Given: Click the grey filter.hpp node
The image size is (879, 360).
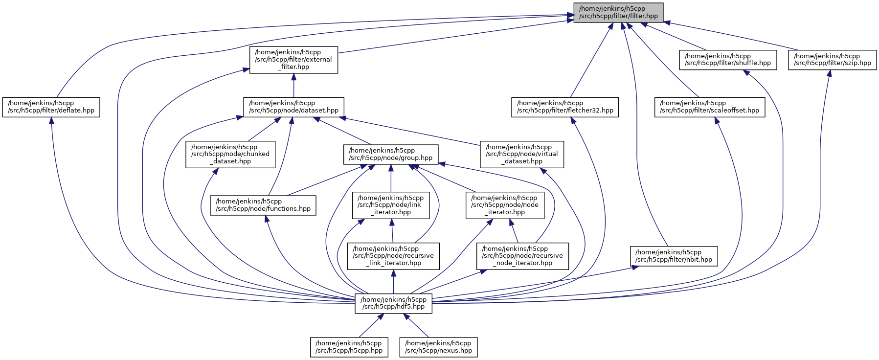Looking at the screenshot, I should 618,13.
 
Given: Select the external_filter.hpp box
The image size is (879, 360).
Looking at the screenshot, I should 293,60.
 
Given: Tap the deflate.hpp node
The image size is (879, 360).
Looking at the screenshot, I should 51,107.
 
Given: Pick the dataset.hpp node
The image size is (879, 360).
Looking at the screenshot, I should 293,107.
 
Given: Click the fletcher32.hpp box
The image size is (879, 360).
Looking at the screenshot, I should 565,107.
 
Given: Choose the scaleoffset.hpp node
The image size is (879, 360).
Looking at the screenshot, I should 709,107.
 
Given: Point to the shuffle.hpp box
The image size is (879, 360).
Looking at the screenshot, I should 727,60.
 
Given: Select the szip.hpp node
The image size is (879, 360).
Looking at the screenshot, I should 832,60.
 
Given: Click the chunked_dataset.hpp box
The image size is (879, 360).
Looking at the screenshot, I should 230,154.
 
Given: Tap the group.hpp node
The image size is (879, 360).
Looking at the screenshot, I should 390,154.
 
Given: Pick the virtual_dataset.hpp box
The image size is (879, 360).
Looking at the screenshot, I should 521,154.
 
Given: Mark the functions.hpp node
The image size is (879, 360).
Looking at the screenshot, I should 263,205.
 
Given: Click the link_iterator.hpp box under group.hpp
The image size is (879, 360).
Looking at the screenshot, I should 391,205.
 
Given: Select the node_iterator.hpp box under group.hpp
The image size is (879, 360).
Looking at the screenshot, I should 504,205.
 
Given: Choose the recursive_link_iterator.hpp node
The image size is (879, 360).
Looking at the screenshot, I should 393,256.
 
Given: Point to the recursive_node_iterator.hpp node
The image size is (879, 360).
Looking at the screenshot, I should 522,256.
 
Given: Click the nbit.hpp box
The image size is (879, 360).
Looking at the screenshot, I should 674,256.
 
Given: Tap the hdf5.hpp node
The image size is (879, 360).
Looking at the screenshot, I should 393,303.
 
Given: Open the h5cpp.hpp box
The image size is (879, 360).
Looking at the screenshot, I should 349,347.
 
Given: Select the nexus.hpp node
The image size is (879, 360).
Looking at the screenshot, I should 438,347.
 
